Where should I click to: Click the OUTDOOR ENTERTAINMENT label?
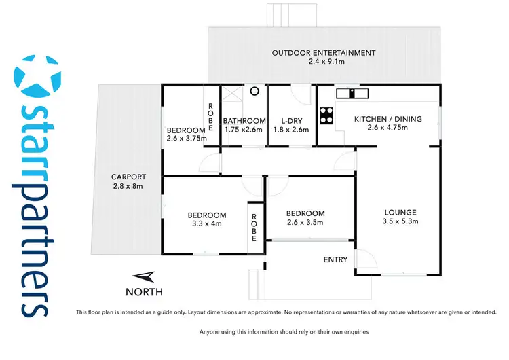[323, 53]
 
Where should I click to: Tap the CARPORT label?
[128, 177]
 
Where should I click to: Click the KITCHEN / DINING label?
[388, 119]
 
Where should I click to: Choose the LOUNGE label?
[399, 212]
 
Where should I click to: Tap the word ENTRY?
[335, 259]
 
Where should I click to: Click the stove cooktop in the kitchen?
[326, 116]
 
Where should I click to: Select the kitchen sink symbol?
[354, 94]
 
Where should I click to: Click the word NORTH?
[144, 292]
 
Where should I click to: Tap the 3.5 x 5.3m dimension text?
[399, 221]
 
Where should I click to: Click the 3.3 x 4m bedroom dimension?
[206, 224]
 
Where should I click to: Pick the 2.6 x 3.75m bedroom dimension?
[186, 139]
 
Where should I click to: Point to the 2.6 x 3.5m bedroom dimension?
[305, 222]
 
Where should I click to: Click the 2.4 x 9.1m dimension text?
[323, 62]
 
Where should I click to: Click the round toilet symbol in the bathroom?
[254, 90]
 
